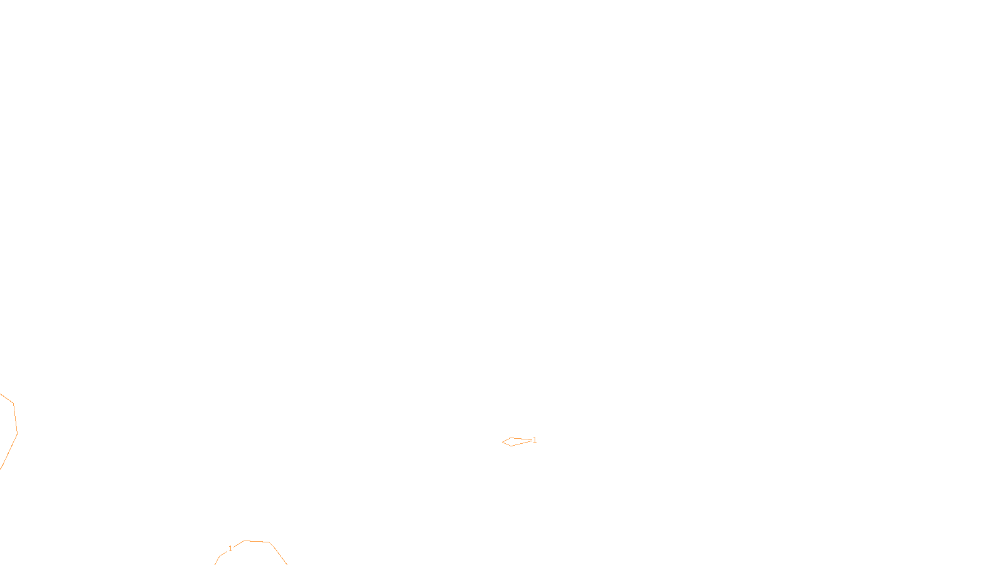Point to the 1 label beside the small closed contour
coord(535,440)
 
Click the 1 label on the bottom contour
coord(230,549)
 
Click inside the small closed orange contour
coord(514,442)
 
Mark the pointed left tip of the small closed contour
coord(503,442)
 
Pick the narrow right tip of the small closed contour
coord(531,440)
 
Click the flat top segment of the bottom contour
coord(256,541)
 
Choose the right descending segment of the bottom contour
coord(278,553)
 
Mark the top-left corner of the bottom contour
coord(244,541)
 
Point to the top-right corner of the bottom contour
coord(269,542)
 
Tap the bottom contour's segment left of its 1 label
coord(221,555)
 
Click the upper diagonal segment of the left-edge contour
coord(6,398)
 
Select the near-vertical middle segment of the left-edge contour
coord(15,418)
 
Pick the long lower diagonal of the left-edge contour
coord(9,452)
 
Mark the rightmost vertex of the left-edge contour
coord(17,434)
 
